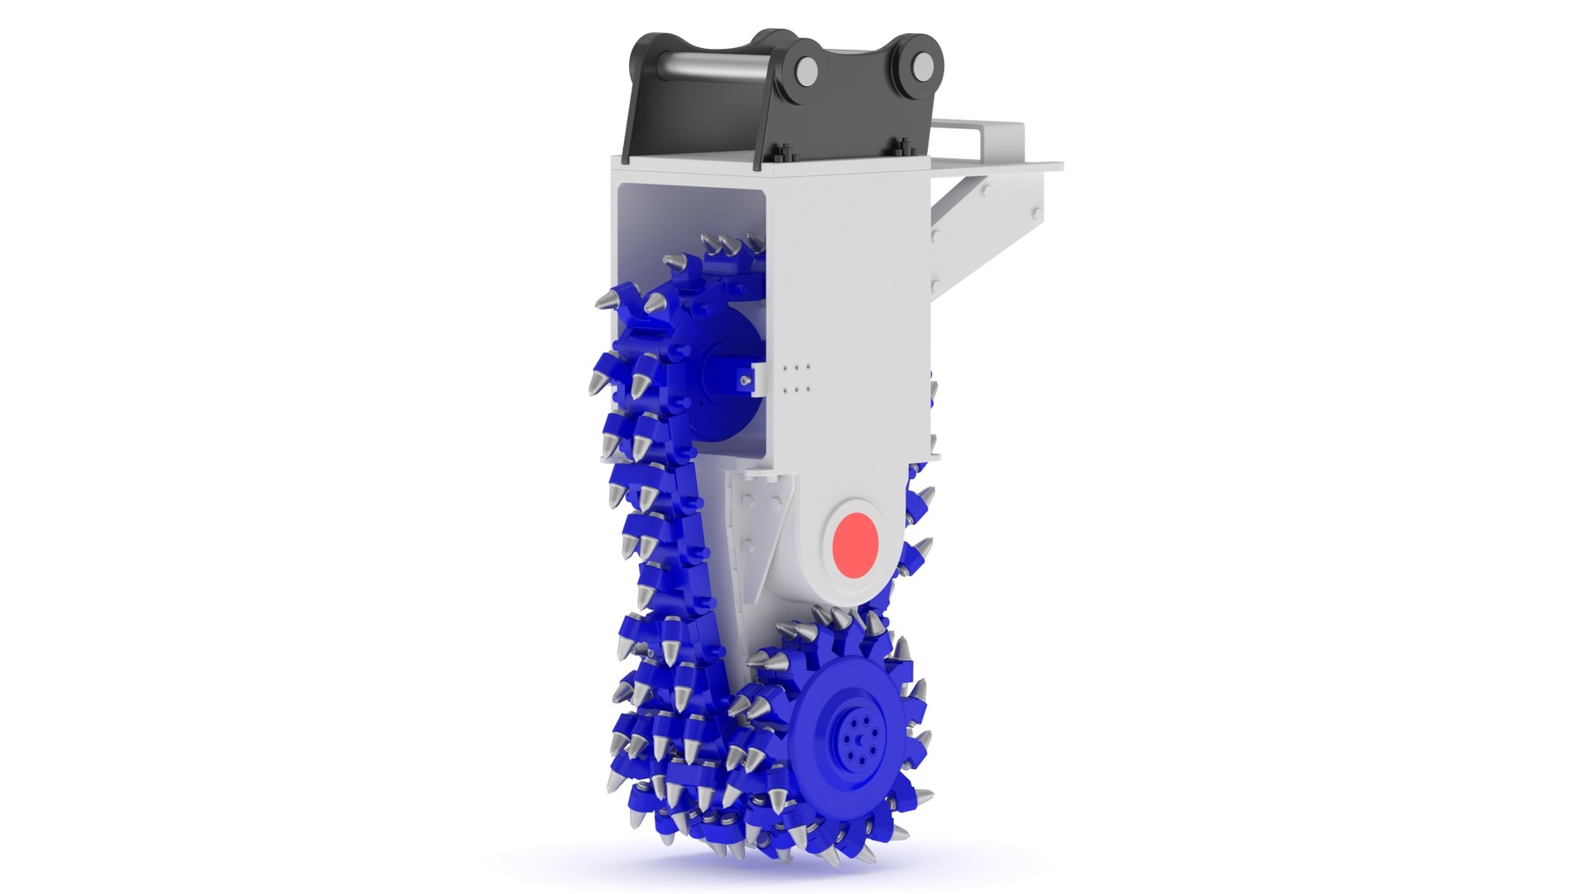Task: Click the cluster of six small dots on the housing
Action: tap(796, 377)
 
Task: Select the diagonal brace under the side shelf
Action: tap(960, 199)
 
